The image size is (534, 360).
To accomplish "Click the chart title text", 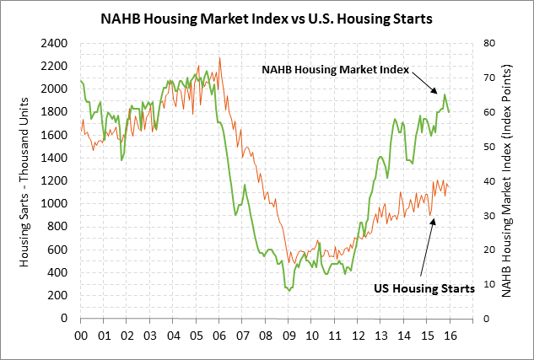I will point(267,16).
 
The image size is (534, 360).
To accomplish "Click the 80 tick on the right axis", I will point(486,43).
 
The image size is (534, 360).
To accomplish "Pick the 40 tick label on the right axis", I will point(486,180).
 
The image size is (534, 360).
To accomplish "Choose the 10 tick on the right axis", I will point(486,284).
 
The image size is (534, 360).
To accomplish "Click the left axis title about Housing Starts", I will point(24,181).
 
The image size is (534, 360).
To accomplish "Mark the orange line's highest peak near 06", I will point(219,58).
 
